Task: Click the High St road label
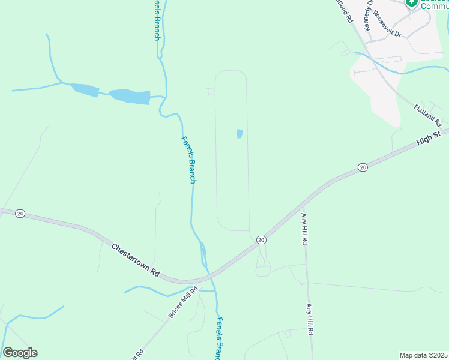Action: pos(429,139)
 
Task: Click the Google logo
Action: pos(20,353)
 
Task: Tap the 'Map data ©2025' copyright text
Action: pos(423,355)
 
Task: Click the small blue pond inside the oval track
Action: pos(240,133)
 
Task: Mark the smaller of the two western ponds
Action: pos(85,90)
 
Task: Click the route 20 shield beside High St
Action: pos(363,167)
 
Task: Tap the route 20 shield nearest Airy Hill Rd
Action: pos(261,239)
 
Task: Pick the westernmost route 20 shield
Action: pos(20,214)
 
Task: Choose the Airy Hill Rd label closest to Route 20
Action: pos(305,229)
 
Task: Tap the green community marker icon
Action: pos(411,3)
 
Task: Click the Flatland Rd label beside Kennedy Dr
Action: pos(344,11)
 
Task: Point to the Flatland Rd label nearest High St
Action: pos(427,115)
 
